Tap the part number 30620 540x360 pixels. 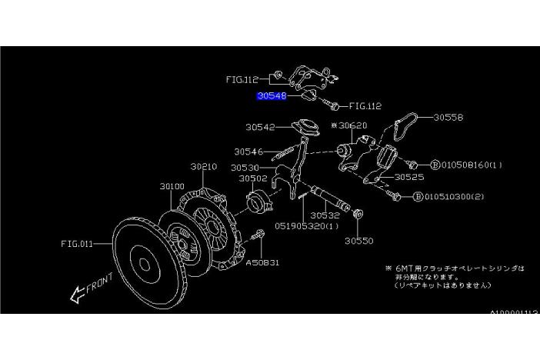pyautogui.click(x=350, y=124)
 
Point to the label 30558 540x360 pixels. pyautogui.click(x=448, y=118)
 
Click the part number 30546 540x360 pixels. pyautogui.click(x=248, y=152)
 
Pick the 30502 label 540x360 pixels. pyautogui.click(x=252, y=178)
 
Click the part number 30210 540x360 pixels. pyautogui.click(x=205, y=166)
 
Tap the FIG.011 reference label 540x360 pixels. pyautogui.click(x=77, y=244)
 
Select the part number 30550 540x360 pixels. pyautogui.click(x=358, y=240)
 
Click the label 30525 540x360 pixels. pyautogui.click(x=409, y=176)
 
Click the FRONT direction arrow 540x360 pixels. pyautogui.click(x=85, y=289)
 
